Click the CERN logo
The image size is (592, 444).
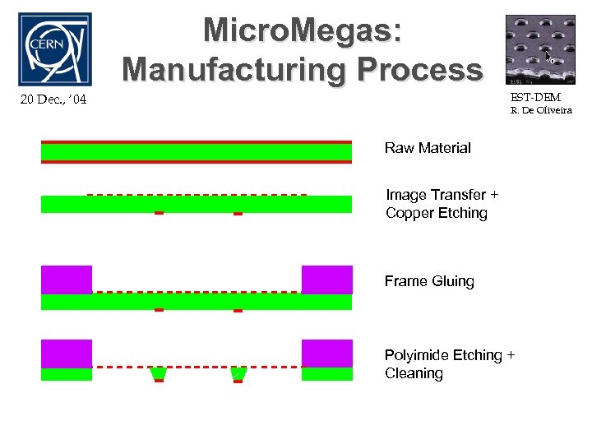click(x=54, y=49)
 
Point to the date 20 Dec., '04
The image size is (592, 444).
click(x=52, y=100)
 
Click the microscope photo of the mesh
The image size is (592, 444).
click(x=540, y=49)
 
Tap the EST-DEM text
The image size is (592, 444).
click(x=535, y=97)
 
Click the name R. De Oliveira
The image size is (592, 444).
click(x=540, y=109)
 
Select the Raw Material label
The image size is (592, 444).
click(x=428, y=148)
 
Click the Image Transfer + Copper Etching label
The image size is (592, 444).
click(x=442, y=204)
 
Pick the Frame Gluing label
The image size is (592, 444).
click(x=429, y=281)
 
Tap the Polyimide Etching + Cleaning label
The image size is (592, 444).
click(x=450, y=364)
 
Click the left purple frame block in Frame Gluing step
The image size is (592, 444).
click(x=67, y=280)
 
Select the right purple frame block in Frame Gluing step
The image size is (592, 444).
click(x=326, y=280)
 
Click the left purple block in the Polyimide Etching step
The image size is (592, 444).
click(x=67, y=354)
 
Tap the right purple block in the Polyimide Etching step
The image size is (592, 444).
click(x=326, y=354)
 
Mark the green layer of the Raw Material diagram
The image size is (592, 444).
click(x=197, y=152)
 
